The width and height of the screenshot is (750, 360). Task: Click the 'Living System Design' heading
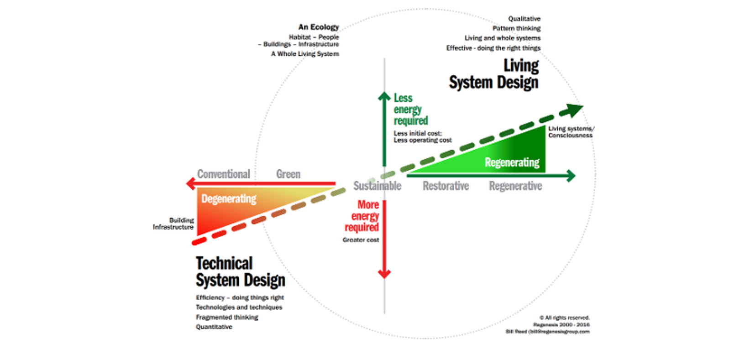click(493, 74)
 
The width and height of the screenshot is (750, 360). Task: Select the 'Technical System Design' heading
click(240, 272)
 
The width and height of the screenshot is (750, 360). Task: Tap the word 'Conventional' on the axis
click(224, 174)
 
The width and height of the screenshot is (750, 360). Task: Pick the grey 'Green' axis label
click(288, 174)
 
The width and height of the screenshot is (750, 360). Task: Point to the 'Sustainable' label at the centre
click(377, 186)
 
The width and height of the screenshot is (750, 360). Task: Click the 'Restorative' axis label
click(446, 186)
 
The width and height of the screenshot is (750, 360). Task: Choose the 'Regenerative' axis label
click(515, 186)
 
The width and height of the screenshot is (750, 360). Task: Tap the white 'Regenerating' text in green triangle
click(512, 162)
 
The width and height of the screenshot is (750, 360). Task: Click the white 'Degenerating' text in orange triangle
click(229, 199)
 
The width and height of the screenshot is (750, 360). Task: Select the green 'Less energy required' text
click(410, 110)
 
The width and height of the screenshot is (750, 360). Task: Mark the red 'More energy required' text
click(362, 216)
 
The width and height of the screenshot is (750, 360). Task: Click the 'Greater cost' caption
click(361, 240)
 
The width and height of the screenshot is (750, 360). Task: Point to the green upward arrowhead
click(384, 96)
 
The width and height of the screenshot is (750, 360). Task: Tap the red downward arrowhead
click(384, 274)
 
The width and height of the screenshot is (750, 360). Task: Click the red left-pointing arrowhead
click(191, 183)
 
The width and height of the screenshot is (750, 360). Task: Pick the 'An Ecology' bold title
click(319, 27)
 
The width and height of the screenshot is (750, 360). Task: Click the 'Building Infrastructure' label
click(174, 224)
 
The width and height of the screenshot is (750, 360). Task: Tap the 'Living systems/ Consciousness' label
click(571, 132)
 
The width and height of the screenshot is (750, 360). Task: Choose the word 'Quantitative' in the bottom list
click(214, 327)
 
